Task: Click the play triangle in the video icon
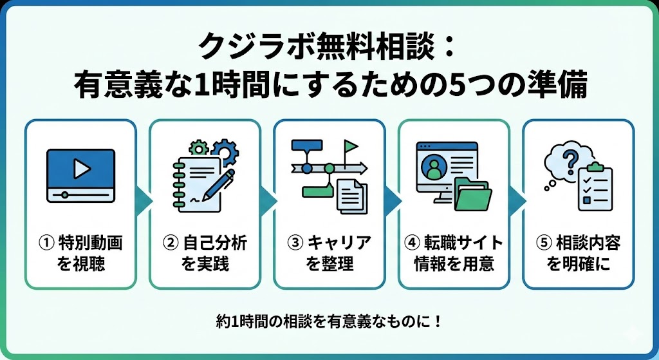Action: [81, 169]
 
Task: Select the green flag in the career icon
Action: [350, 146]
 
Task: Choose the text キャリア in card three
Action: [339, 243]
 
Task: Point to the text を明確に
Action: [577, 264]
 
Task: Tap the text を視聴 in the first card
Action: [80, 264]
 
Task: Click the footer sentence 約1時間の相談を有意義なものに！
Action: [329, 321]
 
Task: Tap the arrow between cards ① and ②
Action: [144, 204]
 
